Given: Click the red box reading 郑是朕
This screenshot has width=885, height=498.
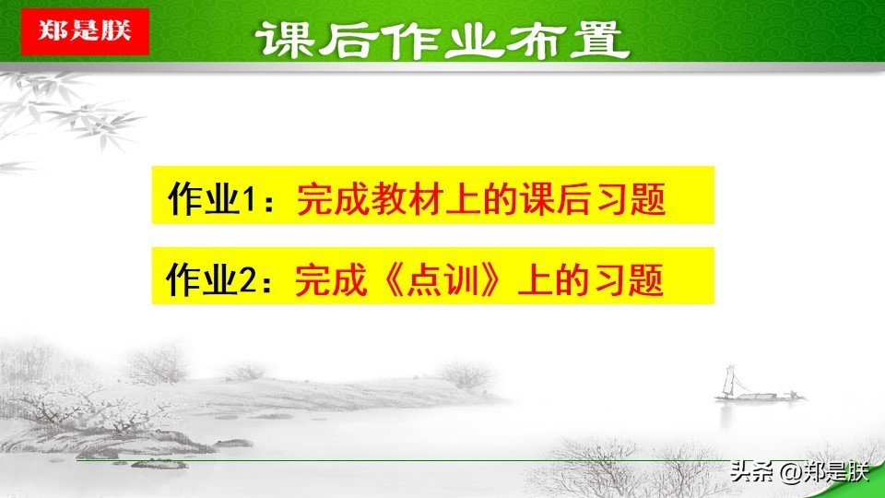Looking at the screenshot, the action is (x=85, y=31).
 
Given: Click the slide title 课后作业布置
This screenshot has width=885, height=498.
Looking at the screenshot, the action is (x=442, y=40).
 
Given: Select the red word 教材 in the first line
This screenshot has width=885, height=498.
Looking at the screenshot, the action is (x=407, y=198).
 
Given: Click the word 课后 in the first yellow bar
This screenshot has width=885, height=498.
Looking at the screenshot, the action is (x=556, y=198).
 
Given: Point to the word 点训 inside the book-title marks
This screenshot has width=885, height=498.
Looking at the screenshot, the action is (x=442, y=279).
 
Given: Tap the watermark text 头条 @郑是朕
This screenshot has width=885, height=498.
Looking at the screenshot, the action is (x=798, y=471).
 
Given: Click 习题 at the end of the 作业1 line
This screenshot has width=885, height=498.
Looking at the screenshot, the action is (x=631, y=198).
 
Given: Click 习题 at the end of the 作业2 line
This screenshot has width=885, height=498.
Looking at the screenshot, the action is (x=628, y=279).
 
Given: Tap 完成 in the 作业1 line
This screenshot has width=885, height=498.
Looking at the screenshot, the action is (x=332, y=198).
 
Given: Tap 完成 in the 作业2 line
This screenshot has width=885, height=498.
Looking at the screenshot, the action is (x=330, y=279).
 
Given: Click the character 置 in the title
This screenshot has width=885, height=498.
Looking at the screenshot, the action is (x=600, y=40).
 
